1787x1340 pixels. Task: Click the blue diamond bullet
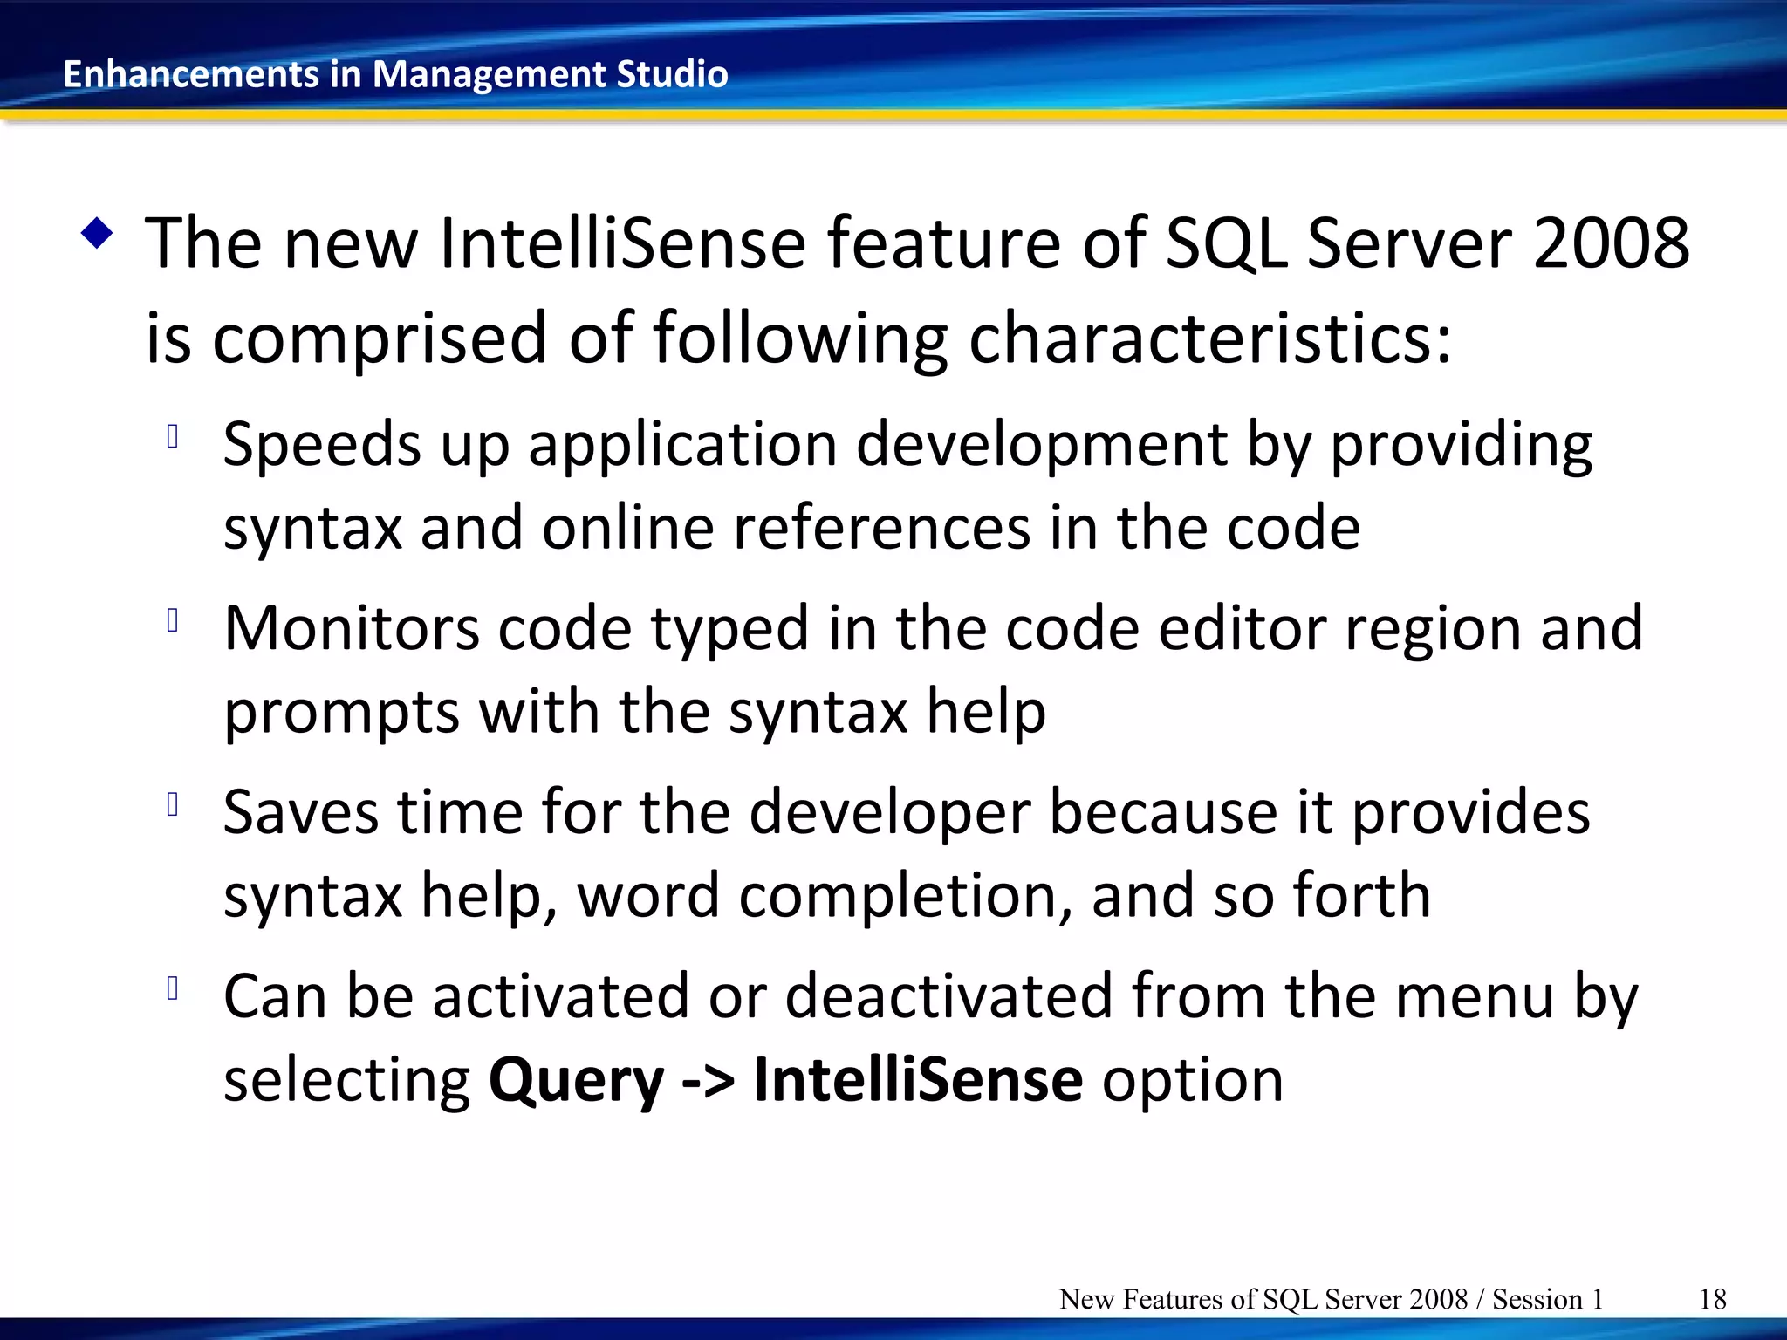pos(97,234)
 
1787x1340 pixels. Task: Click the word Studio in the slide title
pos(672,74)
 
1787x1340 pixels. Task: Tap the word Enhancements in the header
pos(191,74)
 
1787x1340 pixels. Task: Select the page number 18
pos(1712,1299)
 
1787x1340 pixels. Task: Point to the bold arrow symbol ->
pos(708,1080)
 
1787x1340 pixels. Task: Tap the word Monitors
pos(351,628)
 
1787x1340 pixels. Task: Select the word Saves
pos(300,812)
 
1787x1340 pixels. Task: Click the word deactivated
pos(948,995)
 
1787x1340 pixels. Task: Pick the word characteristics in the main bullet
pos(1209,338)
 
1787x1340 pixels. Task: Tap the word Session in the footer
pos(1537,1299)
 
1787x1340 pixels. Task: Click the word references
pos(881,528)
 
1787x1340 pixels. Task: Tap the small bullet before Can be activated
pos(173,988)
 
